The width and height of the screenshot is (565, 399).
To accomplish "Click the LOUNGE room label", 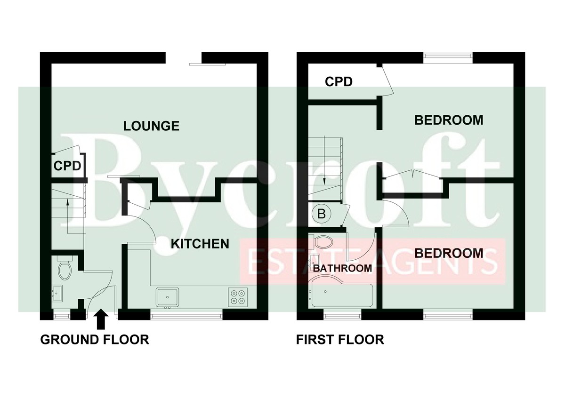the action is (x=151, y=126).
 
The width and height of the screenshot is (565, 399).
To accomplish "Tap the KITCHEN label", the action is (x=200, y=244).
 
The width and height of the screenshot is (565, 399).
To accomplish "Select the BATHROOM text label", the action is (x=343, y=268).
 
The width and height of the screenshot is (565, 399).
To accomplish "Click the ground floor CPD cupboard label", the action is (x=67, y=166).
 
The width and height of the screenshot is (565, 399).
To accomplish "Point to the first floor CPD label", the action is (x=339, y=81).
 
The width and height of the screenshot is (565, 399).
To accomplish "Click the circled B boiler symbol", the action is (x=322, y=214).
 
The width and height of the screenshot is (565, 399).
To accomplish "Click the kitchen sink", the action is (x=168, y=297).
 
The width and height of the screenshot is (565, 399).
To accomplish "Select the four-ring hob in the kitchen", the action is (x=238, y=297).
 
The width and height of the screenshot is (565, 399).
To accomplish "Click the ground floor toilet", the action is (x=65, y=267).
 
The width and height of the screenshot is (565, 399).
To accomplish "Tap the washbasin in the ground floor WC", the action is (x=57, y=294).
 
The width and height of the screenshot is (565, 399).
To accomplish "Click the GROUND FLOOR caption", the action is (x=95, y=340).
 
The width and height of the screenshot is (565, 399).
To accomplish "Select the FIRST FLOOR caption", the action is (x=340, y=340).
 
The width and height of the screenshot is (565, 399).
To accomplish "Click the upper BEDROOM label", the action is (x=449, y=120).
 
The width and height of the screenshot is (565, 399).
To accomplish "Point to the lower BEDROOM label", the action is (x=449, y=253).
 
